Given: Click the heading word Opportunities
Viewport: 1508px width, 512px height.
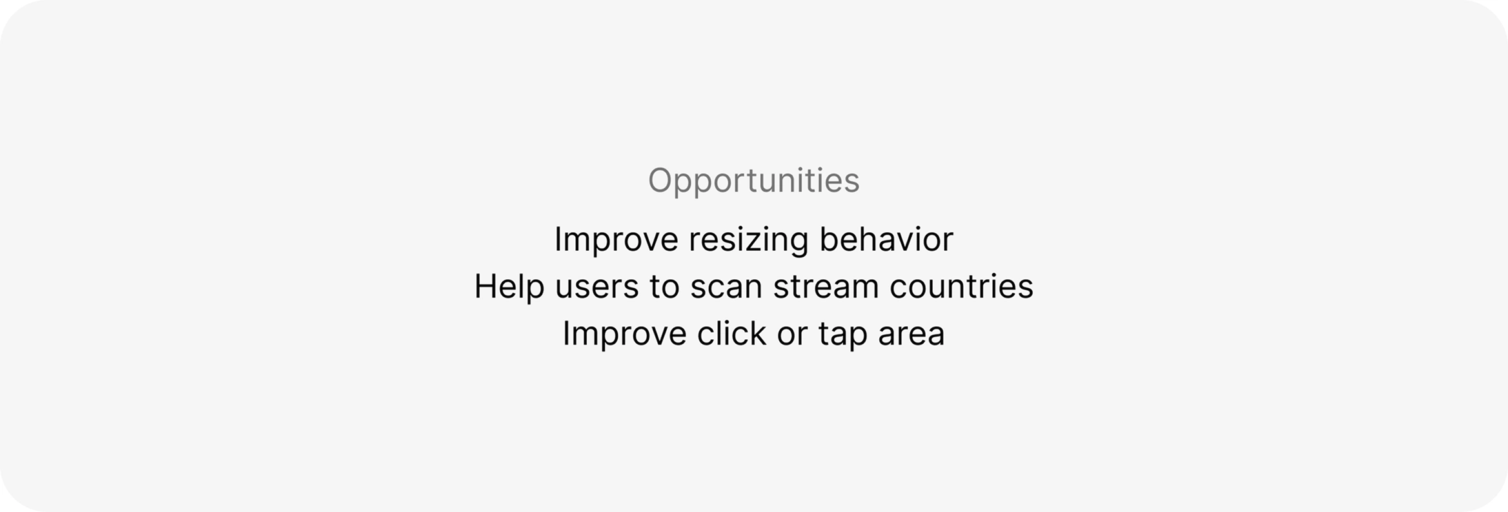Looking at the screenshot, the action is (x=753, y=181).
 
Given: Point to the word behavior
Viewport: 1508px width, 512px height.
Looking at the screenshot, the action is (x=886, y=239).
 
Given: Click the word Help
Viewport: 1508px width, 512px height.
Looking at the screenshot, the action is (x=509, y=287).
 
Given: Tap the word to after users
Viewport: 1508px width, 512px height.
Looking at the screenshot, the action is (x=664, y=287).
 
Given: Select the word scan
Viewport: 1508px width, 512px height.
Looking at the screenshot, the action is (x=726, y=288).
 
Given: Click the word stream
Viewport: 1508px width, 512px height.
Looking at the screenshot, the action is (x=826, y=287).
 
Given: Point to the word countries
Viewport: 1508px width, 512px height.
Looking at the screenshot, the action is (x=961, y=286).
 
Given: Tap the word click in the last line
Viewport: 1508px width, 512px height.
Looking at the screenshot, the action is (x=731, y=333).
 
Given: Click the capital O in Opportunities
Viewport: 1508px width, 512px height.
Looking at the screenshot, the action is (x=661, y=180).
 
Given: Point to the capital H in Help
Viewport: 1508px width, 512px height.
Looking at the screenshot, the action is (x=485, y=286).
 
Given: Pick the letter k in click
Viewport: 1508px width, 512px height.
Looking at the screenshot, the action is (x=758, y=333).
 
